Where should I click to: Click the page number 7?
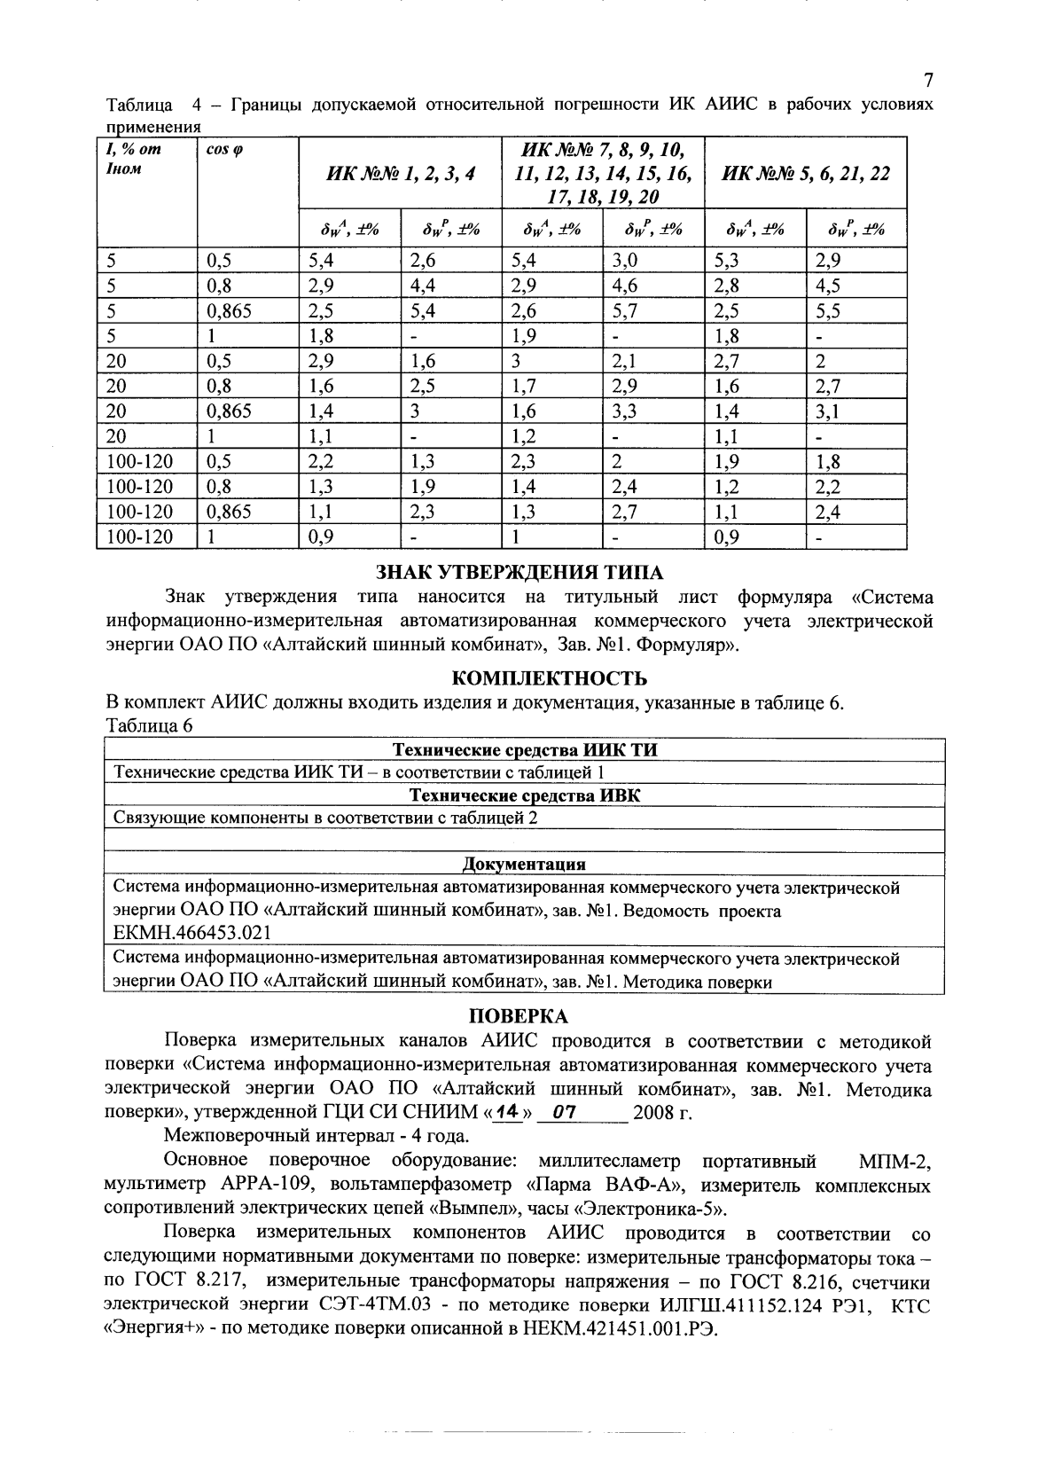tap(927, 82)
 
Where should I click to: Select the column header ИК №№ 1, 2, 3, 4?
tap(401, 174)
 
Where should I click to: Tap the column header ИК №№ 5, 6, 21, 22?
tap(807, 174)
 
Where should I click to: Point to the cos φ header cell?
tap(225, 150)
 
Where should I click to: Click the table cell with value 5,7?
tap(628, 311)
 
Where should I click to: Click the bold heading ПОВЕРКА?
tap(519, 1016)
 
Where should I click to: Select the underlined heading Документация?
tap(524, 864)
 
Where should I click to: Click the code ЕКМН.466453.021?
tap(192, 933)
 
